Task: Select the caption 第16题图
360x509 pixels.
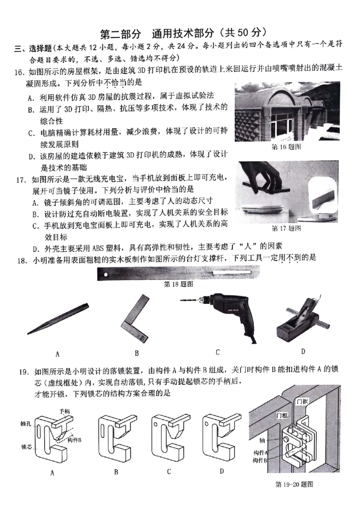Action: tap(287, 147)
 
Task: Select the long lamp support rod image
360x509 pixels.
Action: tap(178, 273)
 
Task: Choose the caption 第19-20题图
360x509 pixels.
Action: tap(294, 484)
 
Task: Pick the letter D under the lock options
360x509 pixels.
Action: tap(222, 471)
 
